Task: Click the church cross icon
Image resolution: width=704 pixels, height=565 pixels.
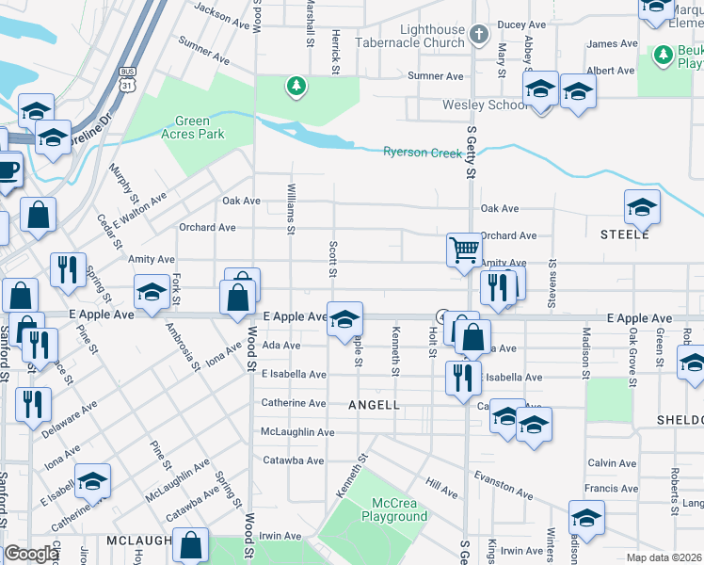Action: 479,36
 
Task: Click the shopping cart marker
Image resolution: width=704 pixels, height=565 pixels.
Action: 464,250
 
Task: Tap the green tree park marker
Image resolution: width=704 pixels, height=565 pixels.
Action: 296,87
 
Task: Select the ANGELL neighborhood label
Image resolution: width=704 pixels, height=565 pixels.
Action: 375,405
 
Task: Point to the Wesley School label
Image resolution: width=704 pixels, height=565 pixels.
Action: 485,105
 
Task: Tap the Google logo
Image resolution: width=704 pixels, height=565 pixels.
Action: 31,554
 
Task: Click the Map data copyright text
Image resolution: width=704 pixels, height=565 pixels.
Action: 664,557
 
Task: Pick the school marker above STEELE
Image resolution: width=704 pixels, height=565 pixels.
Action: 642,206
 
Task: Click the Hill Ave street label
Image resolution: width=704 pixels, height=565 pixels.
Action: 440,486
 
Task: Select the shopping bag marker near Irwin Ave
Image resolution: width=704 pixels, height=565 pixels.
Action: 190,544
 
